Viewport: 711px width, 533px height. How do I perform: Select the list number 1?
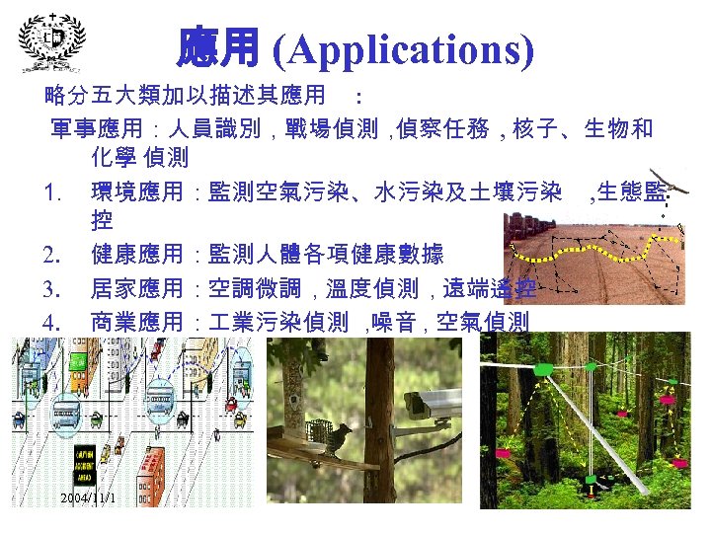point(53,190)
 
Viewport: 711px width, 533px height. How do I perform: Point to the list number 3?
point(53,289)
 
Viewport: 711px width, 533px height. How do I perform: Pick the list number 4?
point(53,322)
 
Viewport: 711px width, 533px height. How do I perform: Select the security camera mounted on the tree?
point(434,405)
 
